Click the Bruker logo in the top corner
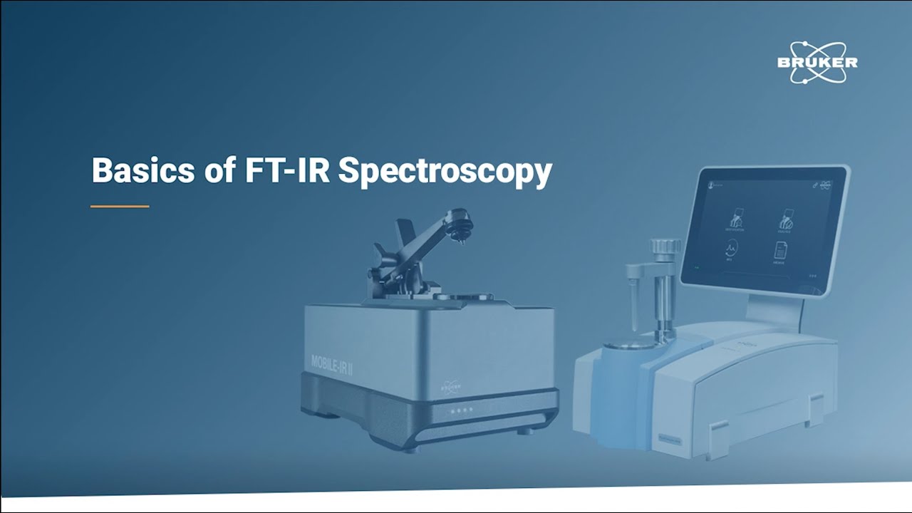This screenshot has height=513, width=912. coord(817,62)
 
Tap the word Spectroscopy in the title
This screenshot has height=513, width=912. coord(445,172)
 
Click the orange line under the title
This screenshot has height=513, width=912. coord(120,207)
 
